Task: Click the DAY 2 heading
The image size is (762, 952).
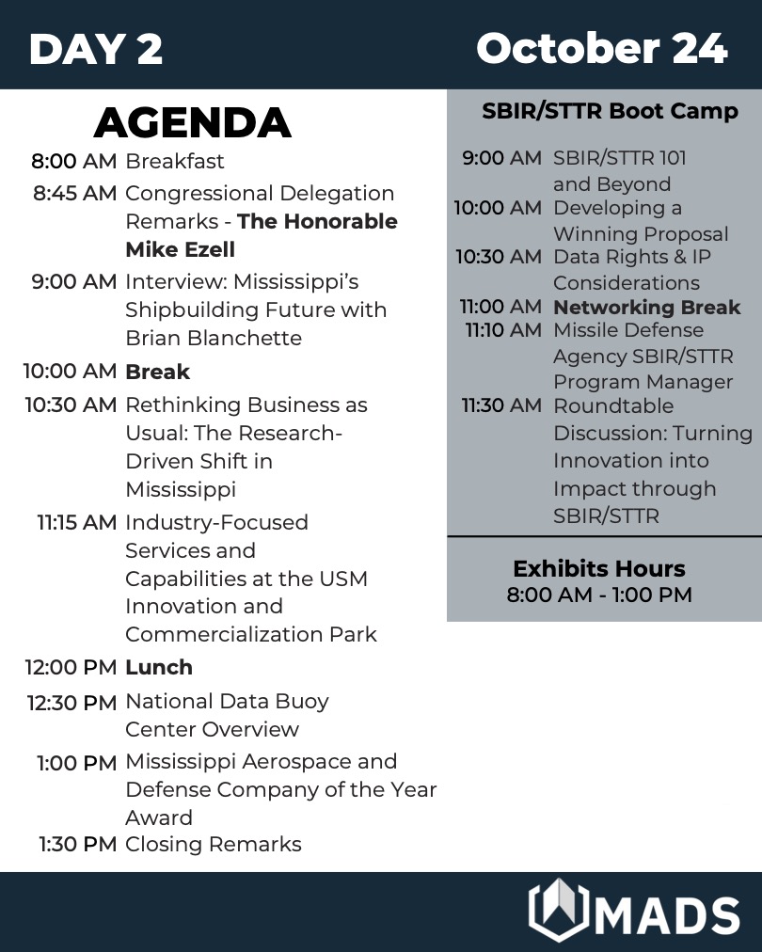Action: pos(96,49)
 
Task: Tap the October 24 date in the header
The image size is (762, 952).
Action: pos(601,48)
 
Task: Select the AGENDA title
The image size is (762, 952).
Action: pos(193,123)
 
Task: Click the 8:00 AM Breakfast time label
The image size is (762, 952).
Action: pos(74,162)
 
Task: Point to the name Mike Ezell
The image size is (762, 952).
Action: pos(180,250)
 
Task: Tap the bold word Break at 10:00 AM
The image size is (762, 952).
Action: pos(157,373)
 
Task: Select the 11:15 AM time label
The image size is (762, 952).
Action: pos(77,523)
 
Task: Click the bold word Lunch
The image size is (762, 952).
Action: pos(159,668)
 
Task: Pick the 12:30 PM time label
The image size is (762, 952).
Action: pos(72,703)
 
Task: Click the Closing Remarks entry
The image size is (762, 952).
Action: pos(213,845)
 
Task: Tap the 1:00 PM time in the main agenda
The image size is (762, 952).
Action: pos(77,763)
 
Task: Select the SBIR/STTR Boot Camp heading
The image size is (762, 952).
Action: pos(610,112)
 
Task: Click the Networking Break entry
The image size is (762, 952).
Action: pos(646,308)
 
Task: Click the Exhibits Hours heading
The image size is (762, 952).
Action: pos(598,569)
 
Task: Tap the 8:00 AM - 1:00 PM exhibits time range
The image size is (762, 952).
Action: pos(599,595)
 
